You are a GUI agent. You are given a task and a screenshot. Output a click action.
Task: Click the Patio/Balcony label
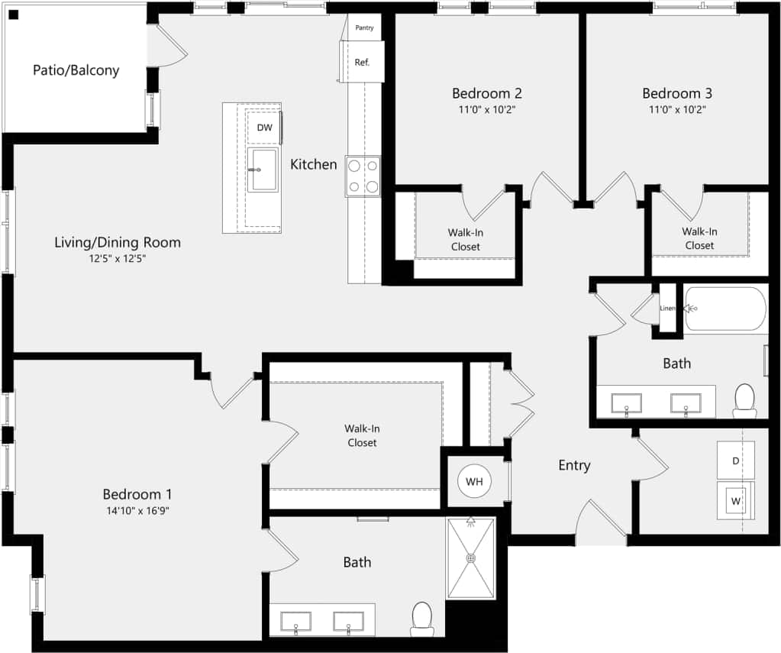(76, 70)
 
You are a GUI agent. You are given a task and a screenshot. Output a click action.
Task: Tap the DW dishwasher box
(264, 128)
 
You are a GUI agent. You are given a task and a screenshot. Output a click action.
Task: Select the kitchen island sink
(262, 170)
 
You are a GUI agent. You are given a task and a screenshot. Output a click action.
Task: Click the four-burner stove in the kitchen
(363, 176)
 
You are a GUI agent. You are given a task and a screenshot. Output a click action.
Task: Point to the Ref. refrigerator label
(362, 63)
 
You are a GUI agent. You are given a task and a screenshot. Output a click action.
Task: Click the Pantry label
(365, 28)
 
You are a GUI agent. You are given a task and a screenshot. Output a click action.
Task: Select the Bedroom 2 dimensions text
(487, 109)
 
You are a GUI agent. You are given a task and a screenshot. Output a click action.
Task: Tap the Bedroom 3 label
(676, 93)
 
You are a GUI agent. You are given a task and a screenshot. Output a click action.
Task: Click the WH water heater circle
(474, 482)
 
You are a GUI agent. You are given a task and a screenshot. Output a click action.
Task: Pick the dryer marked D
(735, 461)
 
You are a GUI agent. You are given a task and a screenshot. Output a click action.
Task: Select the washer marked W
(735, 501)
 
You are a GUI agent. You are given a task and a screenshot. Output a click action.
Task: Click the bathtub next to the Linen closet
(725, 309)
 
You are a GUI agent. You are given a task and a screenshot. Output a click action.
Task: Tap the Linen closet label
(668, 308)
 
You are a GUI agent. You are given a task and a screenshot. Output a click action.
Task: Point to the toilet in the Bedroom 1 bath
(422, 617)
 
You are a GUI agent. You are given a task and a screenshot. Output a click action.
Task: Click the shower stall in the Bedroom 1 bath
(471, 558)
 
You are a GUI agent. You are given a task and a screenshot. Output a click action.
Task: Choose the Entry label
(574, 465)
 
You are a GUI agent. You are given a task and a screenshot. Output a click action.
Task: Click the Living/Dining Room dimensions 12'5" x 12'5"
(118, 259)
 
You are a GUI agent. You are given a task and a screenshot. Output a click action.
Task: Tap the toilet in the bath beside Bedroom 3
(744, 400)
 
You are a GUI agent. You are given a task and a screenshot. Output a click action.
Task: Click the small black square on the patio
(13, 15)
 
